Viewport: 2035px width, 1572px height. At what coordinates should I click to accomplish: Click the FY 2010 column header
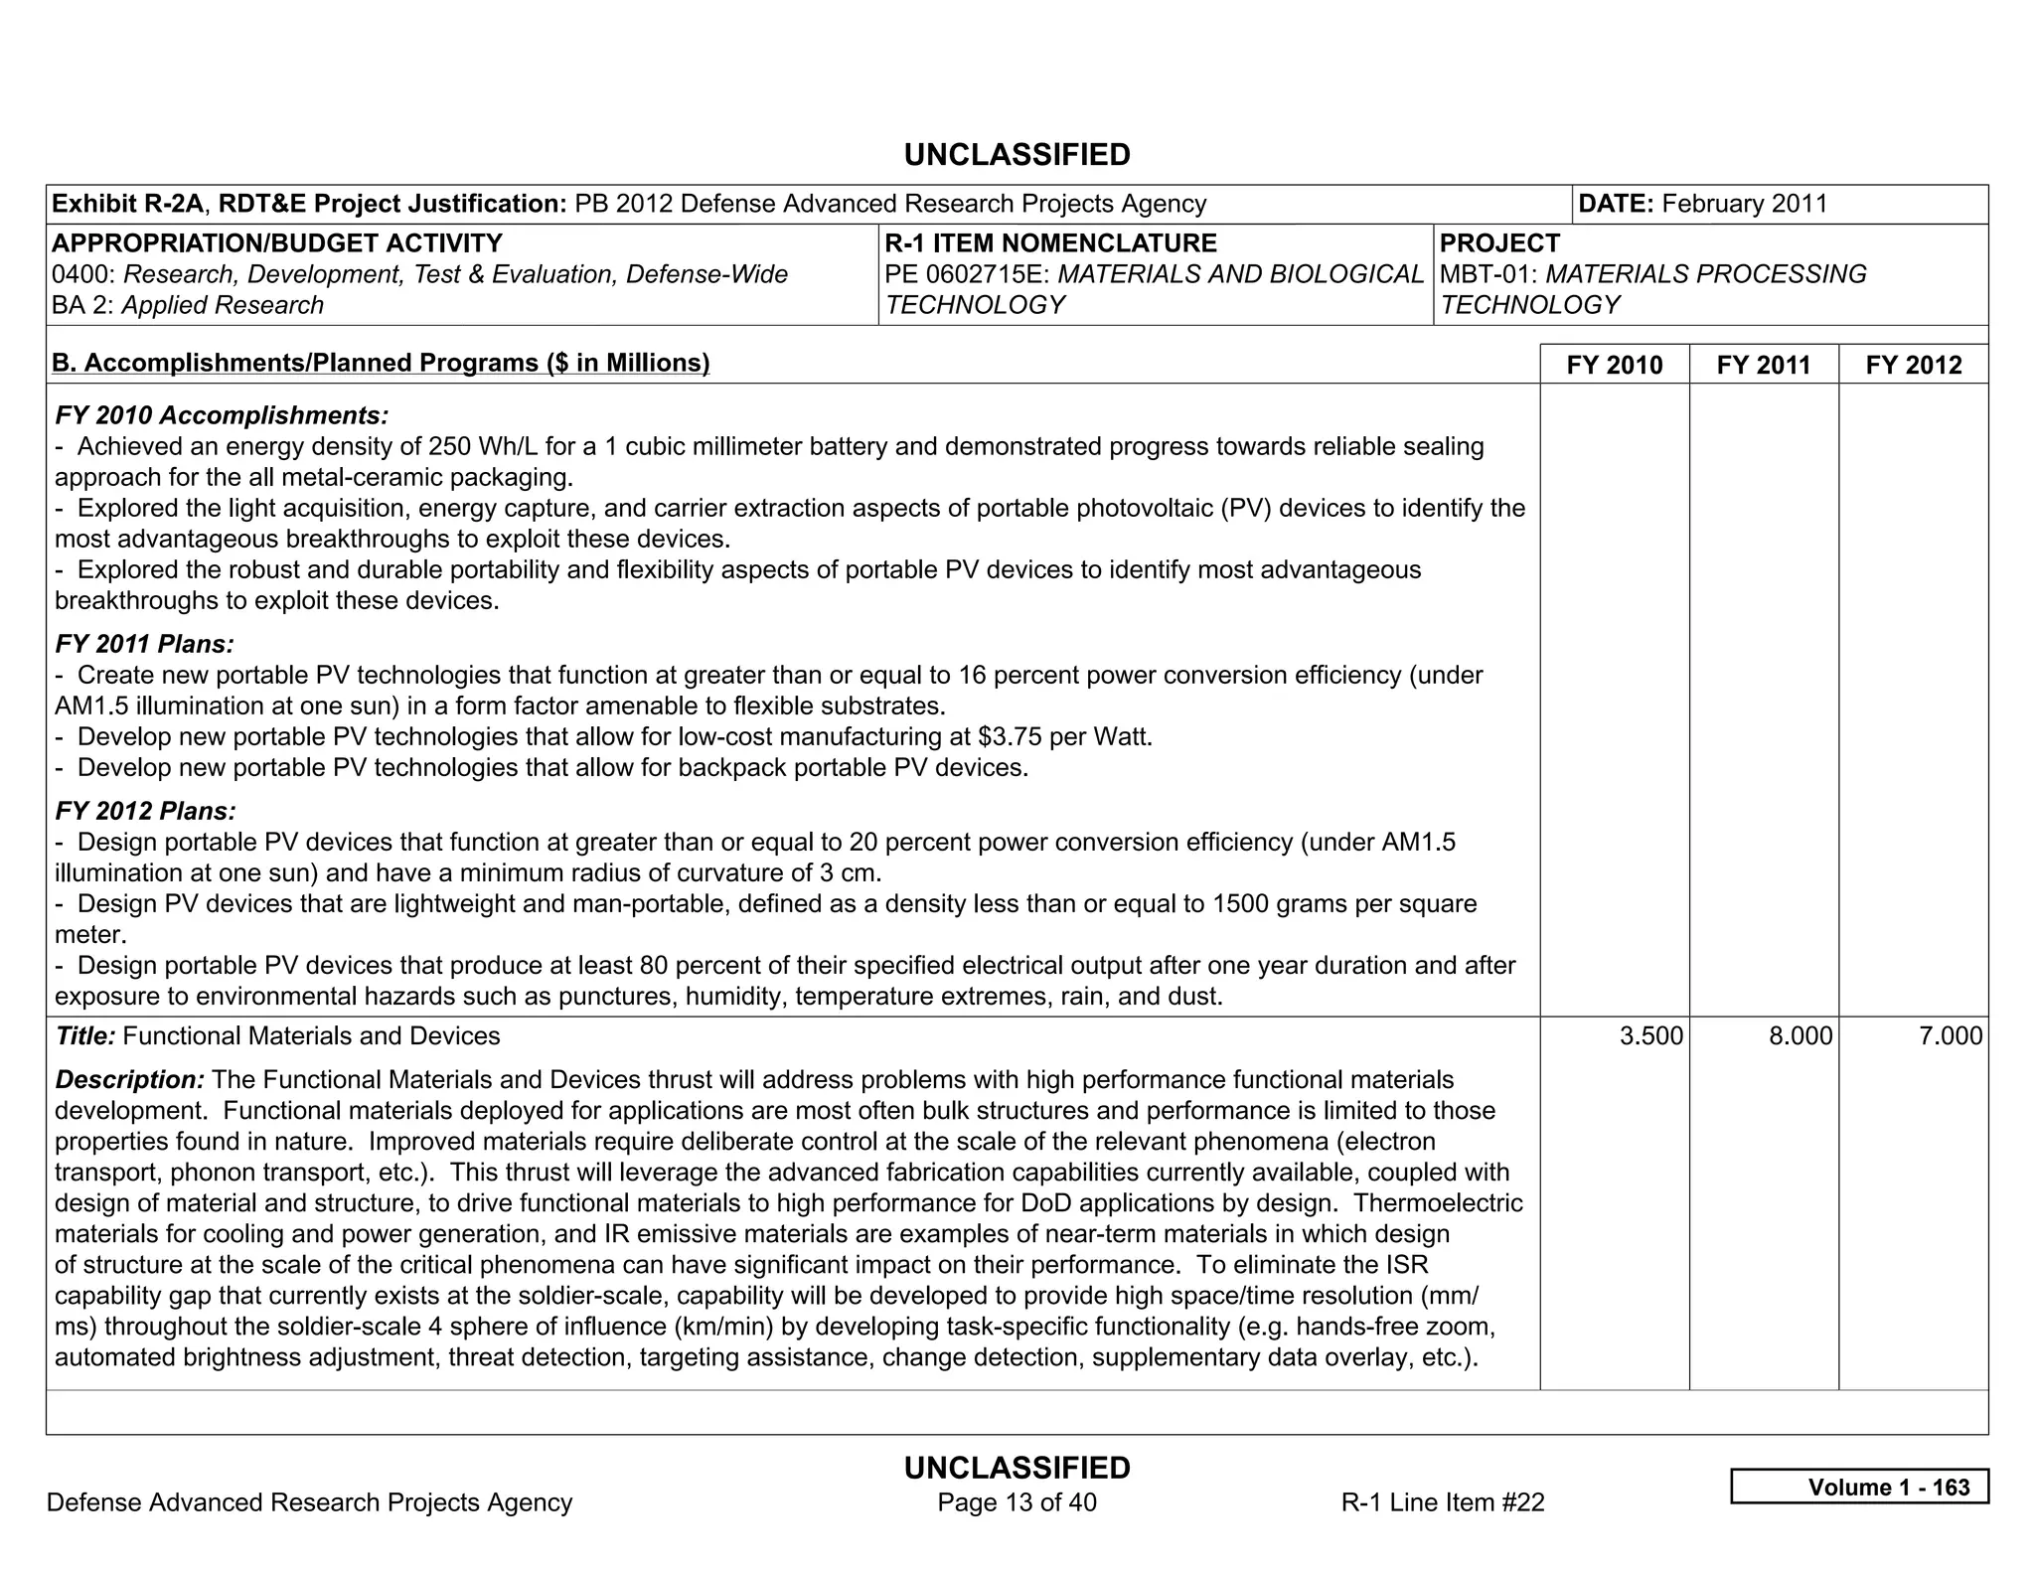1614,365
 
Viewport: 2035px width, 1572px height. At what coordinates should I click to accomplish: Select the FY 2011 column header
1763,365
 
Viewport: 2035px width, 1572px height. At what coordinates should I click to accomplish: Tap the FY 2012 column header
1913,365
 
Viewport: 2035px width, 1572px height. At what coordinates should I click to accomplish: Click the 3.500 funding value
1650,1036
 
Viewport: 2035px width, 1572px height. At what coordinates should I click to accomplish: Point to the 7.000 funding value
1950,1036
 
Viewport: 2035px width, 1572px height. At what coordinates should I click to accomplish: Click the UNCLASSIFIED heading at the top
1017,155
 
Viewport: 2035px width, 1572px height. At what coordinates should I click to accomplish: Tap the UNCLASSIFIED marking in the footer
1017,1468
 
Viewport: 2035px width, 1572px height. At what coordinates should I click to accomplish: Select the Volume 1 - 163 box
1859,1487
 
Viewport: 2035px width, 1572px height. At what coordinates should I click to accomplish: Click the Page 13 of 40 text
1017,1502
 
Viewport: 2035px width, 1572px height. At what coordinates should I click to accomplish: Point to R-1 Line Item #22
1442,1502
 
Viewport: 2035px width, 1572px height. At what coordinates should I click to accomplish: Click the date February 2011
1744,204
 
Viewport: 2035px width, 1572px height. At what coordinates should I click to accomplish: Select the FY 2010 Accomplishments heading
222,415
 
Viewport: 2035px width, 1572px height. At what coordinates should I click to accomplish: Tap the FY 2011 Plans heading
145,644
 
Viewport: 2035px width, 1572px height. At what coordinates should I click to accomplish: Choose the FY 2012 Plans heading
146,811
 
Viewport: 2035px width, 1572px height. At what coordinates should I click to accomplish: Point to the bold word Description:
130,1080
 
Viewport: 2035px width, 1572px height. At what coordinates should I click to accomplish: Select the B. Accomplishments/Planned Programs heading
381,363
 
